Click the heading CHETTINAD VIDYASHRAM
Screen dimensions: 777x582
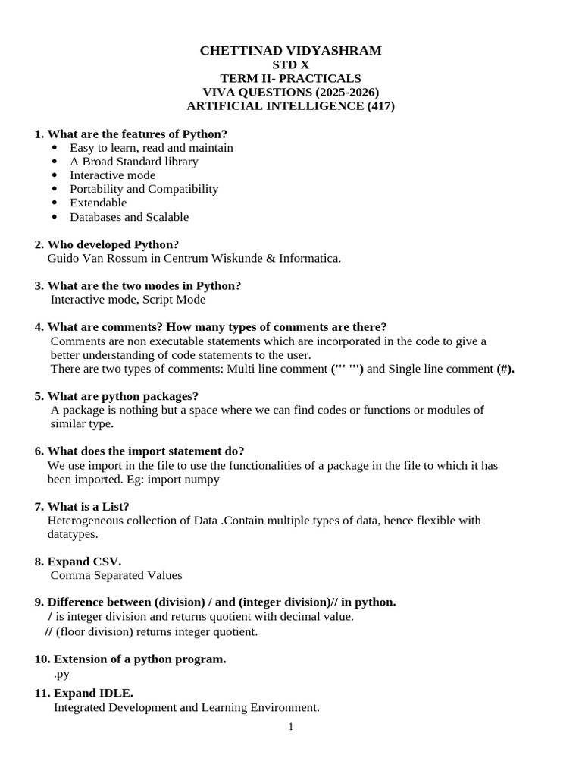click(290, 51)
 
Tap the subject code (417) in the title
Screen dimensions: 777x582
click(380, 106)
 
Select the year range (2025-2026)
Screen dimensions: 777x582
click(344, 93)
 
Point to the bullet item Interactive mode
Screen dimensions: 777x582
click(112, 175)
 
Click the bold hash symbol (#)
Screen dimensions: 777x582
click(505, 369)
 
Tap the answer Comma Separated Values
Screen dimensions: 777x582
click(116, 576)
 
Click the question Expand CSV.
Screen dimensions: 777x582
click(84, 562)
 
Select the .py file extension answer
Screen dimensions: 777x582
click(61, 673)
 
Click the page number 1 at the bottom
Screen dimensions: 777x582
click(291, 727)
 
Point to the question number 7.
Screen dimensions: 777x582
click(39, 506)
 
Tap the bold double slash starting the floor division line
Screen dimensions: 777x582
click(48, 631)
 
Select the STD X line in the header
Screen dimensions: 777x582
click(290, 65)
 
